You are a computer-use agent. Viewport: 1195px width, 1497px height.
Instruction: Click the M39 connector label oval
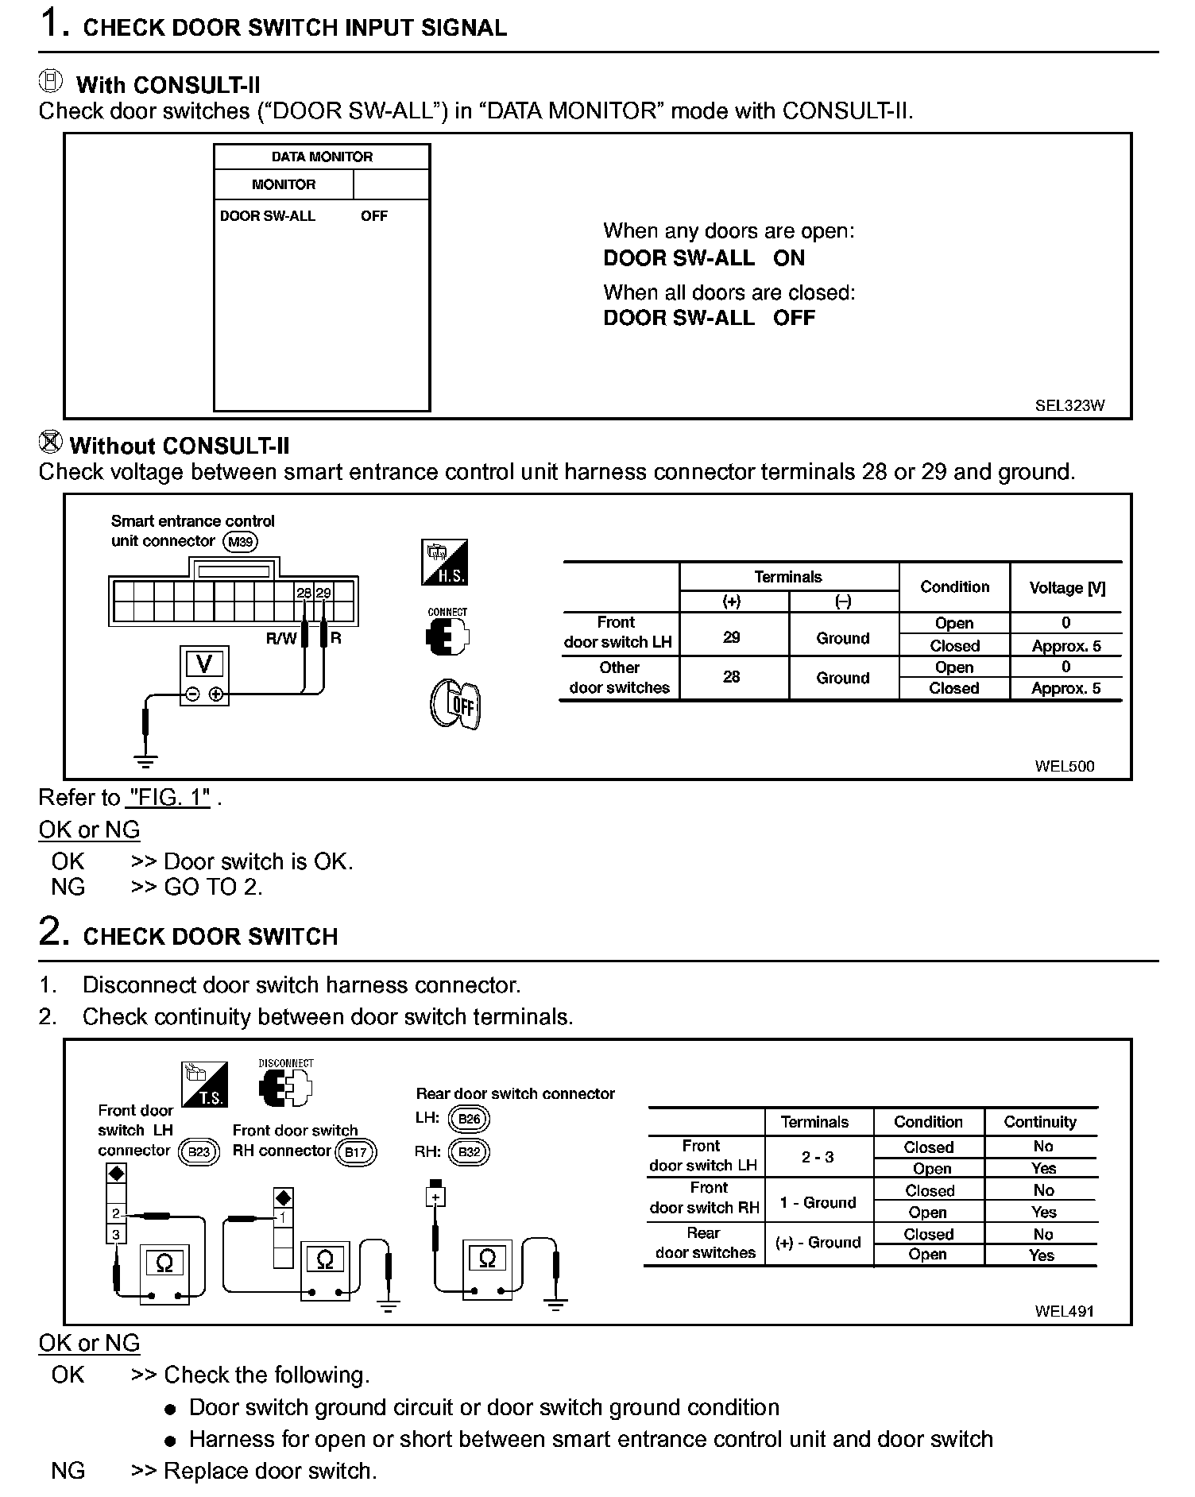point(240,542)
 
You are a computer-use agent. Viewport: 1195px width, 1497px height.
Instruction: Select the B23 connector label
point(198,1151)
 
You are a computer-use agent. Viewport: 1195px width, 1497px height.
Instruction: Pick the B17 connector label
point(355,1152)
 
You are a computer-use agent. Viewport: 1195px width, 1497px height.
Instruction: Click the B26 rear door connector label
point(469,1119)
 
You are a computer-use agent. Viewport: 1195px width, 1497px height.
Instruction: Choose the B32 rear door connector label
point(469,1151)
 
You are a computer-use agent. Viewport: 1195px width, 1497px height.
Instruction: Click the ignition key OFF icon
point(455,704)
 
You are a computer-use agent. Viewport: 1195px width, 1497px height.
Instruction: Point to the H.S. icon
point(444,563)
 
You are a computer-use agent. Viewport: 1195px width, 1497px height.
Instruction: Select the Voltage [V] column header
point(1066,588)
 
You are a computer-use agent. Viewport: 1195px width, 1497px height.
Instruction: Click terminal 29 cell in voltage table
point(732,636)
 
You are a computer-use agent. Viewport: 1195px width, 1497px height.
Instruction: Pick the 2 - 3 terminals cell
point(818,1157)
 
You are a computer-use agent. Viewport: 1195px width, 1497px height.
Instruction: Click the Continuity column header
point(1039,1122)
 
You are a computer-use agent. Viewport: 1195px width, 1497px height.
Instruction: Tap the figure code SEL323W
point(1069,405)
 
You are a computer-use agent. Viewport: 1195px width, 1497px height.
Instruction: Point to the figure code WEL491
point(1064,1311)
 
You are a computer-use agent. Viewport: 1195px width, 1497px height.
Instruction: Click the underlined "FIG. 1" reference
point(169,797)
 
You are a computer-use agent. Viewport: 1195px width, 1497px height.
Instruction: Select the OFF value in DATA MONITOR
point(373,216)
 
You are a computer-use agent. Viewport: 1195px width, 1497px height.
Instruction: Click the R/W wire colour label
point(280,638)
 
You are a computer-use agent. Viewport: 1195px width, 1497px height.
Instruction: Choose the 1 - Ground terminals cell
point(818,1202)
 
